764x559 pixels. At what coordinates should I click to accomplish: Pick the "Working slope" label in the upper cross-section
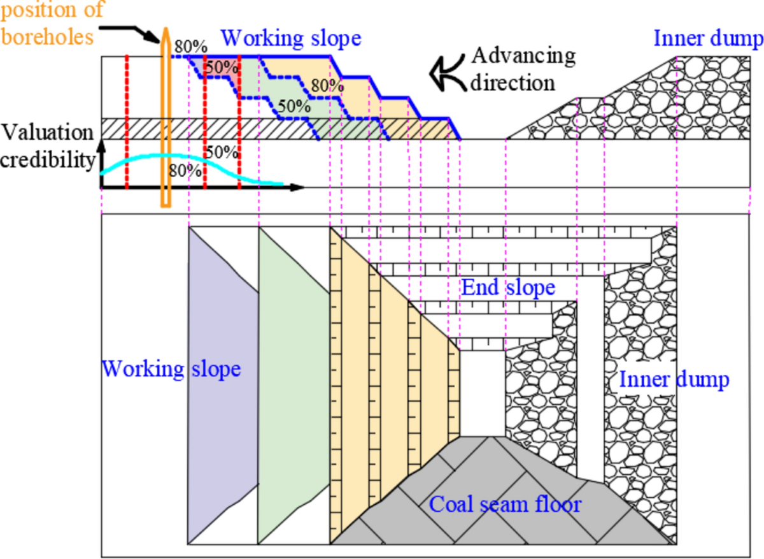click(291, 38)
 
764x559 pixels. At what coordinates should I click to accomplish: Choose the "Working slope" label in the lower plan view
click(171, 368)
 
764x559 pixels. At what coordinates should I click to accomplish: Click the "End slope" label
click(508, 287)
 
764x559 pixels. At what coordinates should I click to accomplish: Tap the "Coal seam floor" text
click(506, 505)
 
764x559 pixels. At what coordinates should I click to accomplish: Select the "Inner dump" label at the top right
click(707, 39)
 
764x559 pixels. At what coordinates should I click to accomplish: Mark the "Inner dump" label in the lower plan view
click(674, 381)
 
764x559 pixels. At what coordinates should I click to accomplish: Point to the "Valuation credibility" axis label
click(48, 146)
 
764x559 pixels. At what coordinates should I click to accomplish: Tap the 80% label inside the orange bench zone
click(328, 84)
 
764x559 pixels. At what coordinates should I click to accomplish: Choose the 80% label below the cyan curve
click(185, 171)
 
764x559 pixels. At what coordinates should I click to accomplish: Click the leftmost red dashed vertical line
click(127, 121)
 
